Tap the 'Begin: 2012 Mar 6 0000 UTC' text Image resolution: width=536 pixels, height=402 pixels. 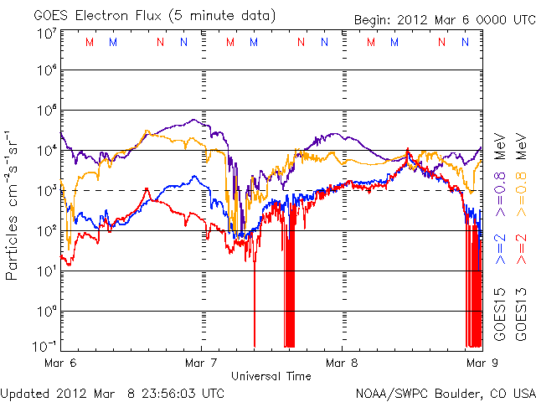point(426,18)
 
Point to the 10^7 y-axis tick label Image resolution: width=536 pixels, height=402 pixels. point(45,33)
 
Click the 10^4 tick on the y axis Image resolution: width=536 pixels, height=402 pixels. point(45,150)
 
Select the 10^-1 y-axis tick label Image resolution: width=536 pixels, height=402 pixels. point(44,346)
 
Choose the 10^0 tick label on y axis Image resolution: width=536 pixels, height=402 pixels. point(45,311)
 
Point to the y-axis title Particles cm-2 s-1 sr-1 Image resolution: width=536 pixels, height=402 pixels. point(13,205)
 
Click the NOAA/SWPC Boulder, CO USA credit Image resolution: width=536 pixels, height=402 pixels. point(445,392)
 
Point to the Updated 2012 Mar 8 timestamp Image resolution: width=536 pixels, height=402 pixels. point(112,392)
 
